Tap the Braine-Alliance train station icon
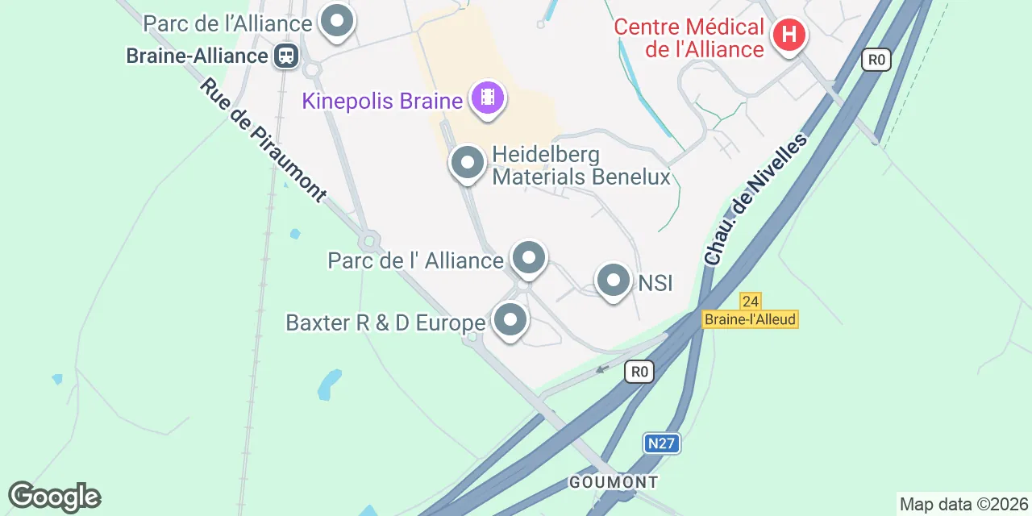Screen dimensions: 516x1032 point(285,56)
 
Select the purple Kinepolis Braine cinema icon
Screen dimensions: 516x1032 point(488,98)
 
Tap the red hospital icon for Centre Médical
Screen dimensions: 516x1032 point(789,35)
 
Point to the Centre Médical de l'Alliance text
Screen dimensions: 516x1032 point(689,38)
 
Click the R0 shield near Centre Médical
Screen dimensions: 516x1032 point(876,60)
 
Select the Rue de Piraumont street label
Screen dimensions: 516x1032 point(264,140)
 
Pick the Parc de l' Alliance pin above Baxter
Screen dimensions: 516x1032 point(529,259)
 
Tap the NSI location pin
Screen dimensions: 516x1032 point(613,281)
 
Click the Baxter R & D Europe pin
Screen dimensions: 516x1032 point(510,321)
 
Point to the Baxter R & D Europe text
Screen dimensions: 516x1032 point(385,322)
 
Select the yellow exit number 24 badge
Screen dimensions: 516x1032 point(751,302)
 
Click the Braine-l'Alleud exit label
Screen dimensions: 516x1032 point(750,319)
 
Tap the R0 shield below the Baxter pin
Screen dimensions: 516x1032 point(639,372)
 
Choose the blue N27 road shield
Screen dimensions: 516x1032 point(662,443)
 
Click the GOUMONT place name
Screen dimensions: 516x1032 point(614,482)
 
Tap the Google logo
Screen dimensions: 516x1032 point(54,497)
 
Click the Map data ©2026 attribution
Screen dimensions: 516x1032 point(963,505)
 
